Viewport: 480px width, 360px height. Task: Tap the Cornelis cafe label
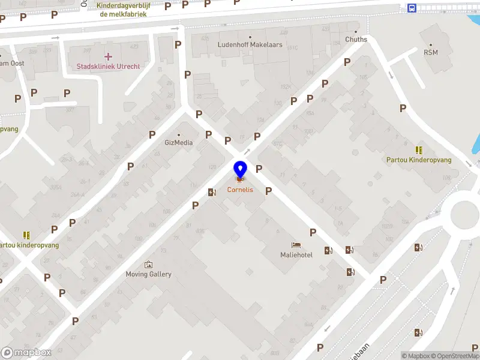pos(240,190)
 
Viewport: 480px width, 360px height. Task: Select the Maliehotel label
pos(296,255)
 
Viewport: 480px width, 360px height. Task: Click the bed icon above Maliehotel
pos(296,245)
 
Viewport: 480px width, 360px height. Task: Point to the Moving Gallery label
pos(148,274)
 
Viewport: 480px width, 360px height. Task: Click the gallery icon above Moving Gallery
pos(148,265)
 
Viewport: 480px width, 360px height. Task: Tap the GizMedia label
pos(179,143)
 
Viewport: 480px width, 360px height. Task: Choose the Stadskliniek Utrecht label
pos(108,66)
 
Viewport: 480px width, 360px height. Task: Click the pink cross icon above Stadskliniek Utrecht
pos(108,56)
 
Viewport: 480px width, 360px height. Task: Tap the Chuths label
pos(356,40)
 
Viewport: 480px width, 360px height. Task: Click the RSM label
pos(431,52)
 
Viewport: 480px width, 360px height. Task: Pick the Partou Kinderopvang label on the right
pos(419,160)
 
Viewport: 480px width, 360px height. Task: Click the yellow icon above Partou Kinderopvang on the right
pos(419,150)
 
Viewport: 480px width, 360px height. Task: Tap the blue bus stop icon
pos(412,8)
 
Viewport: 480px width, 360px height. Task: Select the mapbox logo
pos(26,353)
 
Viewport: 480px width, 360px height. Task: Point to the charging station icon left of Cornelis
pos(211,192)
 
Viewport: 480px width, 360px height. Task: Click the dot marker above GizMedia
pos(179,134)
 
